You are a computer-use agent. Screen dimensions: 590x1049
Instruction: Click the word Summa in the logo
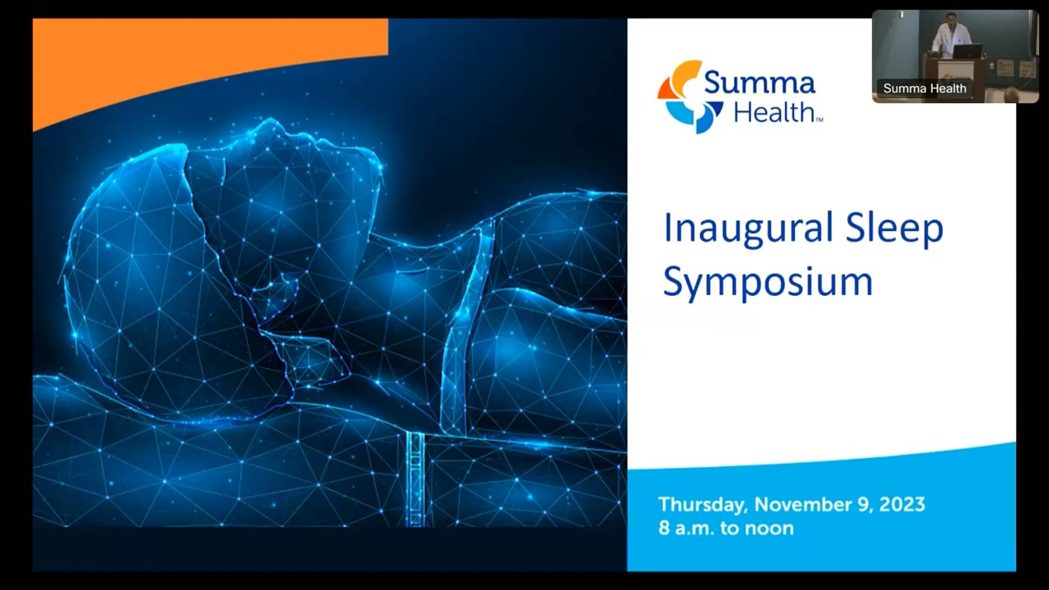759,83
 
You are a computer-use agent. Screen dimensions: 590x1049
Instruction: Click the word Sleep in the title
894,228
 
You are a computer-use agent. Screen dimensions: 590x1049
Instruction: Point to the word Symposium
768,282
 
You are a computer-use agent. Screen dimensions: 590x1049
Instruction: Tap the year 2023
902,504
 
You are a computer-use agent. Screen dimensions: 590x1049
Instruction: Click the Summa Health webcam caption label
924,88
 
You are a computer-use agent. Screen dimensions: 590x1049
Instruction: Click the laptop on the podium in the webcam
968,52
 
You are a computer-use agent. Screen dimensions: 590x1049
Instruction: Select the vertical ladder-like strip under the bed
415,478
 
